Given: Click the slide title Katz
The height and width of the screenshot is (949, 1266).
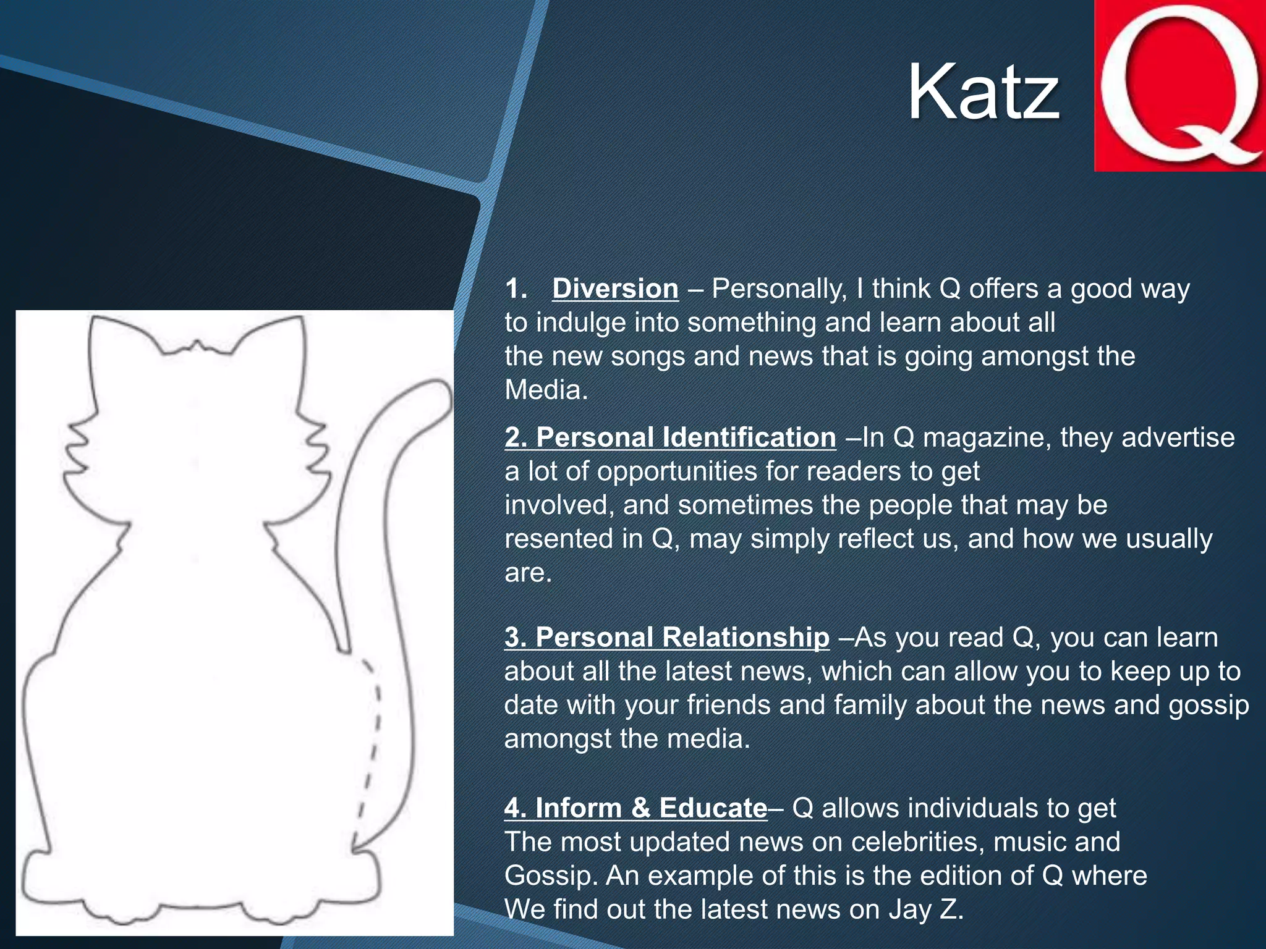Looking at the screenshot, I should [x=983, y=93].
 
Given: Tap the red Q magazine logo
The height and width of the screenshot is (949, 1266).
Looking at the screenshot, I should [x=1179, y=86].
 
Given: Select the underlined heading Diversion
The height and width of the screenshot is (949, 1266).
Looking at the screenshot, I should [x=615, y=289].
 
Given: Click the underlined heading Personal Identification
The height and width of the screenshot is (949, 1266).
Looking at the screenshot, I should [x=670, y=437].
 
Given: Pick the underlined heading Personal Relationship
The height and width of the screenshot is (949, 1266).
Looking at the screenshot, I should [x=666, y=637].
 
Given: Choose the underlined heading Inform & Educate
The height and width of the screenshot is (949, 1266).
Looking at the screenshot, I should [x=635, y=808].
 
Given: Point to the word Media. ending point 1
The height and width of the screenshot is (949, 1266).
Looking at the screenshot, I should [x=546, y=390].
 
